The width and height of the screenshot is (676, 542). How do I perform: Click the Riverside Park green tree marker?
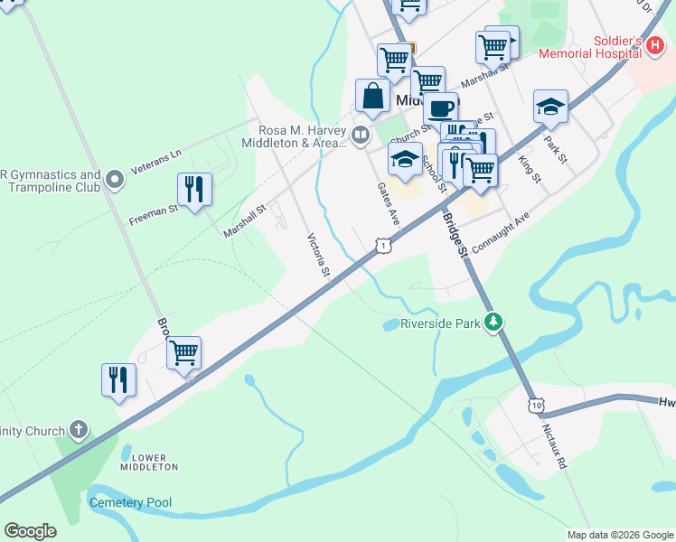pos(493,322)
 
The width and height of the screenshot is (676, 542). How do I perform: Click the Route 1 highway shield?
pos(385,245)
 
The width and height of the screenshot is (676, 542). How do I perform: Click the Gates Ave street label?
pos(388,204)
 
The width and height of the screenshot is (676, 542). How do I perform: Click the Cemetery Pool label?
pos(130,502)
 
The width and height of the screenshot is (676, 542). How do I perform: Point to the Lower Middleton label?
pos(149,462)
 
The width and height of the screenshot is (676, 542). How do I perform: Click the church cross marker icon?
pos(79,428)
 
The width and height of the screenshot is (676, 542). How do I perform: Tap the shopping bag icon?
pos(373,95)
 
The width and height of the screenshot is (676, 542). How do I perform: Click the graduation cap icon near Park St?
pos(550,107)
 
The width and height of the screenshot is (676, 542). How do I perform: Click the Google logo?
pos(31,531)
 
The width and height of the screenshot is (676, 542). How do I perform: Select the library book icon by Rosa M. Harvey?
pos(361,135)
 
